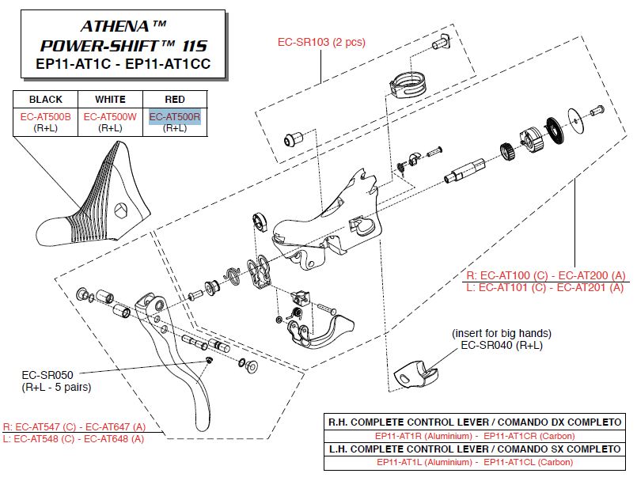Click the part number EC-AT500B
(x=45, y=116)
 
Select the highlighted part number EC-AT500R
(x=175, y=116)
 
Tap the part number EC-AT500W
(x=110, y=116)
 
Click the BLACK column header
(x=45, y=100)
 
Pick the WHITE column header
(x=110, y=100)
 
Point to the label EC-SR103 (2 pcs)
(x=320, y=42)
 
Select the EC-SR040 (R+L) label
(x=501, y=344)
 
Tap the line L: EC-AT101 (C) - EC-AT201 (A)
(x=545, y=287)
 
